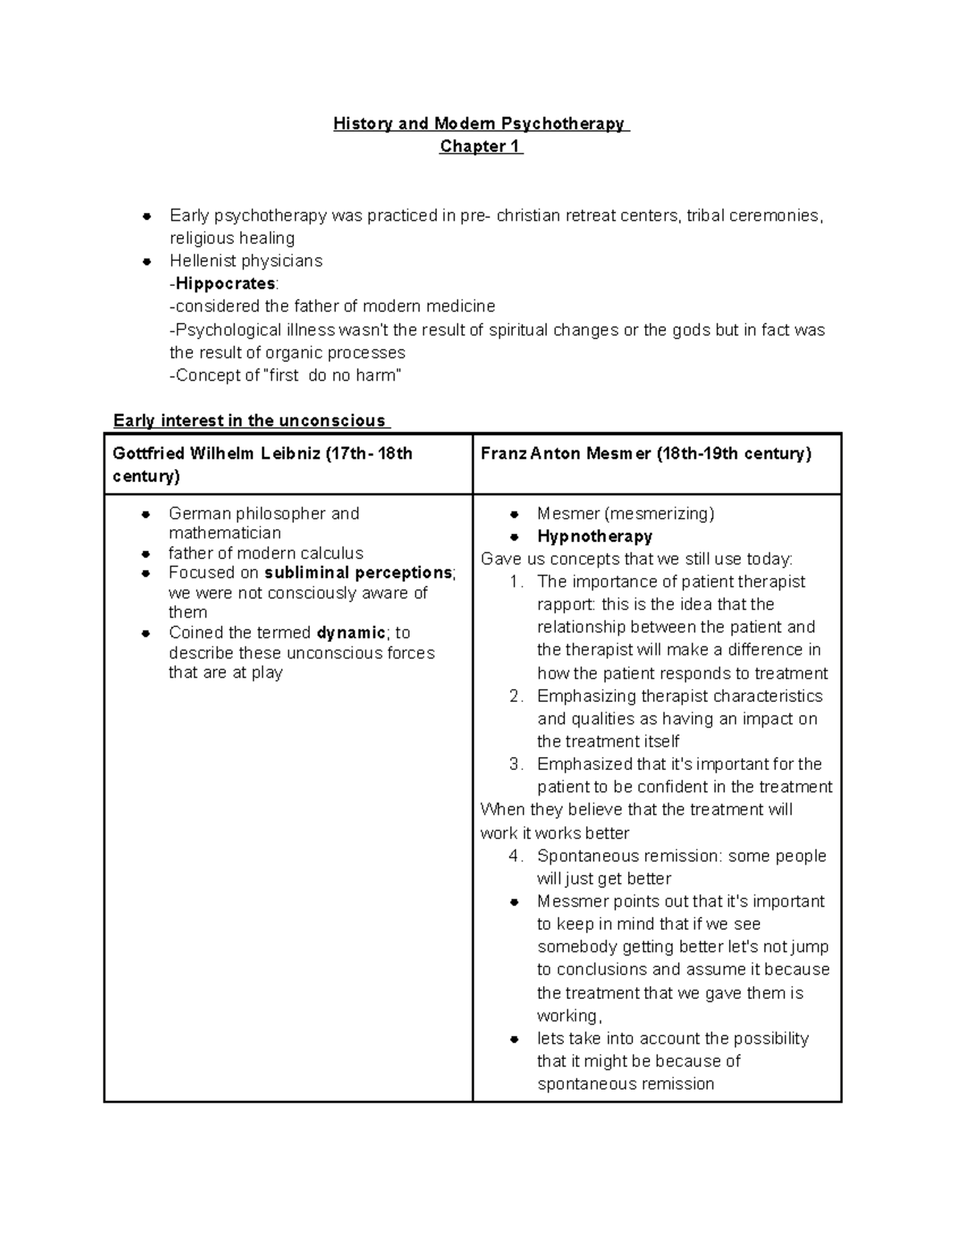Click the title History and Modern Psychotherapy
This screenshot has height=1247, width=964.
coord(480,124)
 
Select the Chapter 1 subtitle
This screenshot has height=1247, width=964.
coord(480,147)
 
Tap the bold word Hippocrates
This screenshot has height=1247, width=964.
coord(226,283)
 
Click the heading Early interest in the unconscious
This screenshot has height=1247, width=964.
coord(249,421)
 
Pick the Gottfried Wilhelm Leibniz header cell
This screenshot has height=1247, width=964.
coord(288,464)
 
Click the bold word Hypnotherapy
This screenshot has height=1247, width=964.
coord(594,536)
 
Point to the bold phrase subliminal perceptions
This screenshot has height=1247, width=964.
coord(358,573)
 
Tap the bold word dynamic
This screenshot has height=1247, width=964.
coord(351,633)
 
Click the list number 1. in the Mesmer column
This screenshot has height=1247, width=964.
coord(517,582)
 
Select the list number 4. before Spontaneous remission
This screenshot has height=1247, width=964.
coord(516,856)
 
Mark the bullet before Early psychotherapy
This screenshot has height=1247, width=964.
coord(147,216)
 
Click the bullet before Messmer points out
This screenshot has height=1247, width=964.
coord(516,903)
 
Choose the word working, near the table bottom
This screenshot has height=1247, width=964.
coord(570,1016)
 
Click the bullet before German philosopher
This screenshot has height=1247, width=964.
coord(146,514)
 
